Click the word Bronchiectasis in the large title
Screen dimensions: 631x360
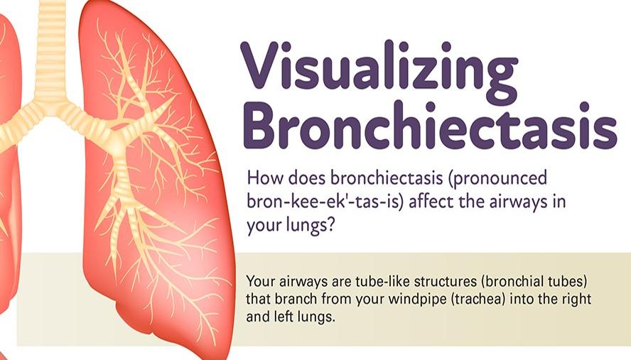(x=430, y=126)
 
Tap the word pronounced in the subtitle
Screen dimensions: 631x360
(x=499, y=178)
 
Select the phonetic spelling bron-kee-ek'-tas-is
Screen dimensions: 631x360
(x=325, y=201)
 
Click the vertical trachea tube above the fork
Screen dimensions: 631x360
(x=50, y=48)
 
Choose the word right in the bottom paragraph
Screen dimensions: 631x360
(x=577, y=300)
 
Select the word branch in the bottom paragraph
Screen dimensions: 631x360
(x=296, y=299)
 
